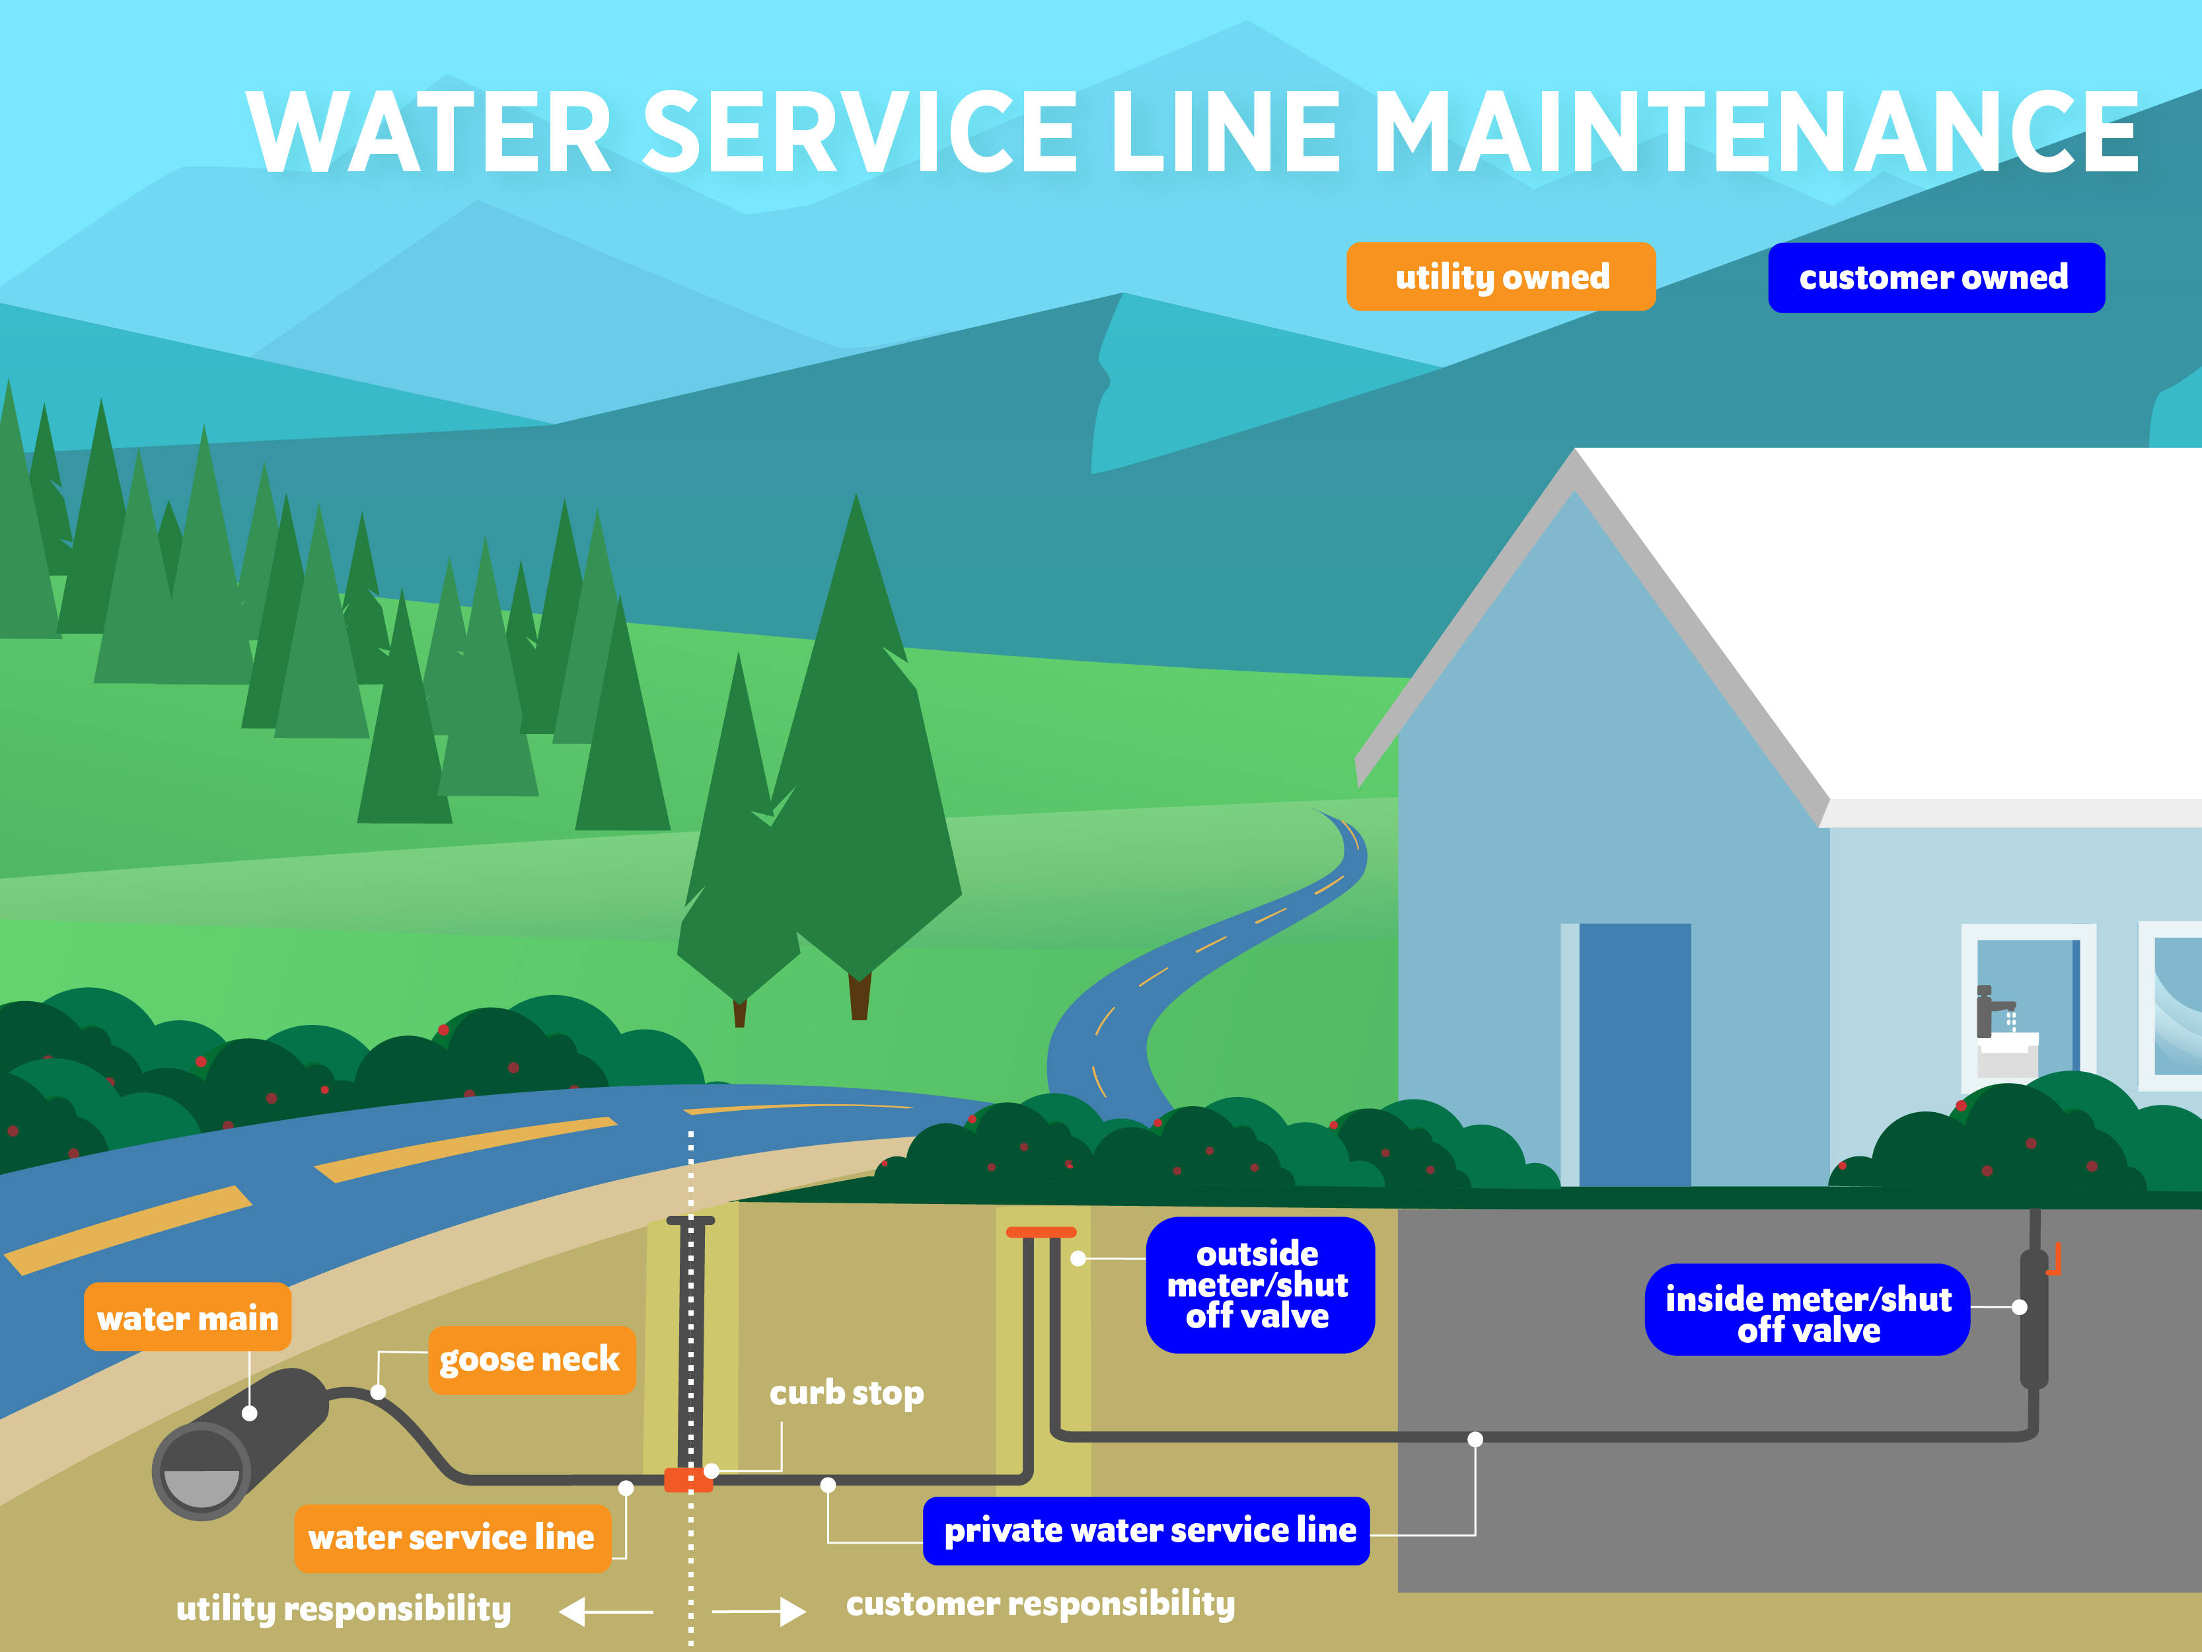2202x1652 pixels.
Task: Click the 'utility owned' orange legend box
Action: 1500,277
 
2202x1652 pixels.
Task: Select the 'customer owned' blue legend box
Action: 1935,278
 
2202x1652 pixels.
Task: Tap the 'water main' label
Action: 187,1318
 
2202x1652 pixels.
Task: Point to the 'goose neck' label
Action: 531,1359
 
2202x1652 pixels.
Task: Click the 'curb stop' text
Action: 846,1392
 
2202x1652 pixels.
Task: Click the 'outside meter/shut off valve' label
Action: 1259,1285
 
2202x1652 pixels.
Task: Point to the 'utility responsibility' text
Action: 344,1608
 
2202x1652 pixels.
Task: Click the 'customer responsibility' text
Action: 1041,1603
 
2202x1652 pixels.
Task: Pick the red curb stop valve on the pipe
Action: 688,1480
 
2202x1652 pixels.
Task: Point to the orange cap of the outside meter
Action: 1041,1232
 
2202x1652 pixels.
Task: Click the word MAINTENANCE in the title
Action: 1756,131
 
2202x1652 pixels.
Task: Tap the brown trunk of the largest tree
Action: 859,996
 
